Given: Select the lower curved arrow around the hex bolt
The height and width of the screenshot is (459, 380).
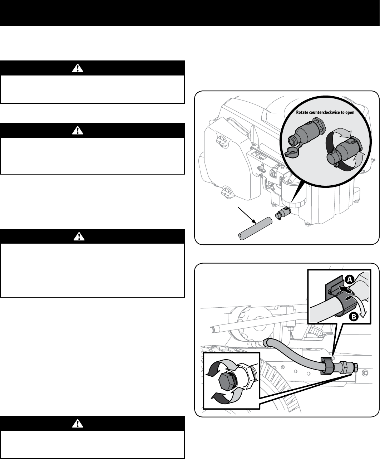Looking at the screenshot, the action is click(x=222, y=397).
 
